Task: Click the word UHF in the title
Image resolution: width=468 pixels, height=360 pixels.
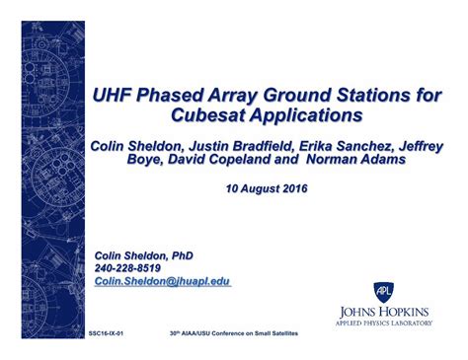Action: [x=114, y=95]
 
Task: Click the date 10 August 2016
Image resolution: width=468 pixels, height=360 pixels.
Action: [x=267, y=187]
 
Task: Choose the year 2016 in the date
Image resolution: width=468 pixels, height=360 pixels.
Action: [x=293, y=187]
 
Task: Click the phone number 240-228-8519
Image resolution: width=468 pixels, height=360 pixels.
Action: [x=128, y=268]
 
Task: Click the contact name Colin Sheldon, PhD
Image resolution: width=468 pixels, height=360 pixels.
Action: [x=143, y=255]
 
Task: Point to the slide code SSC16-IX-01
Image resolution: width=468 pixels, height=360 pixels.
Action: [x=106, y=334]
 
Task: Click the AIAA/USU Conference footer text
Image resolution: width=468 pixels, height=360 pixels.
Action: [x=233, y=334]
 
